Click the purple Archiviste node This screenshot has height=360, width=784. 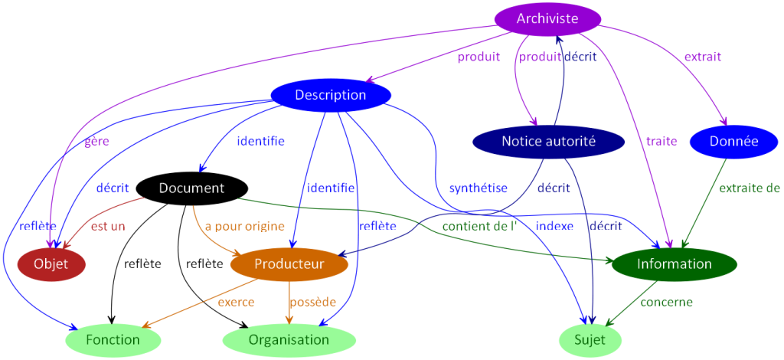(x=547, y=18)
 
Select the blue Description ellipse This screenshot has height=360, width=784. (x=331, y=95)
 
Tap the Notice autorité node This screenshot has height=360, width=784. (x=547, y=141)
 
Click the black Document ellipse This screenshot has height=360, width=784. (x=191, y=188)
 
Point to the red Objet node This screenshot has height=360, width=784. (x=51, y=263)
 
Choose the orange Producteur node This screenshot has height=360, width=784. (x=289, y=263)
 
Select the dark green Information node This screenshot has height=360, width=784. (x=674, y=263)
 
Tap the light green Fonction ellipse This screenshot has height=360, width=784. (x=113, y=339)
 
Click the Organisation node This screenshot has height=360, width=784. (x=289, y=339)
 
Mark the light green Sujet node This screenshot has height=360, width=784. (x=590, y=339)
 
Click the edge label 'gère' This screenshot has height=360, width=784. (x=96, y=141)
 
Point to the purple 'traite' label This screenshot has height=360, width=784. (x=661, y=141)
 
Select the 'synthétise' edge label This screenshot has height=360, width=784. (x=478, y=187)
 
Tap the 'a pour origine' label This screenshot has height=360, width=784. (x=244, y=226)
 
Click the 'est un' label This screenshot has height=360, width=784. (x=107, y=226)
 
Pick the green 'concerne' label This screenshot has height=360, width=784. (x=666, y=302)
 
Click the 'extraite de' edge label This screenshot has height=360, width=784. (x=749, y=187)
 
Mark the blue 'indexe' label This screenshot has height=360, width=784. (x=554, y=226)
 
